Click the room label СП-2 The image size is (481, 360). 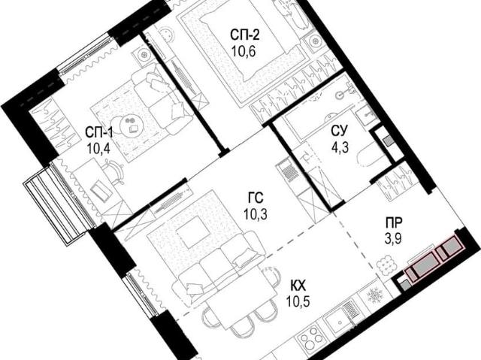click(x=245, y=35)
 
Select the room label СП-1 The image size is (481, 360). click(x=99, y=133)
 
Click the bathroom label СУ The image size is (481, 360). click(x=340, y=131)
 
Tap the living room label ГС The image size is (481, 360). click(x=256, y=198)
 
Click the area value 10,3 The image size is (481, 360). click(x=256, y=213)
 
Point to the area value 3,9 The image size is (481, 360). click(x=394, y=239)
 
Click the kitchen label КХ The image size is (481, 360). click(x=298, y=286)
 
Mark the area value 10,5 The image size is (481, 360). click(x=298, y=302)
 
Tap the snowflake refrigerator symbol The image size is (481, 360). click(x=374, y=296)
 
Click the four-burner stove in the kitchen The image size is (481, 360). click(x=311, y=337)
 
